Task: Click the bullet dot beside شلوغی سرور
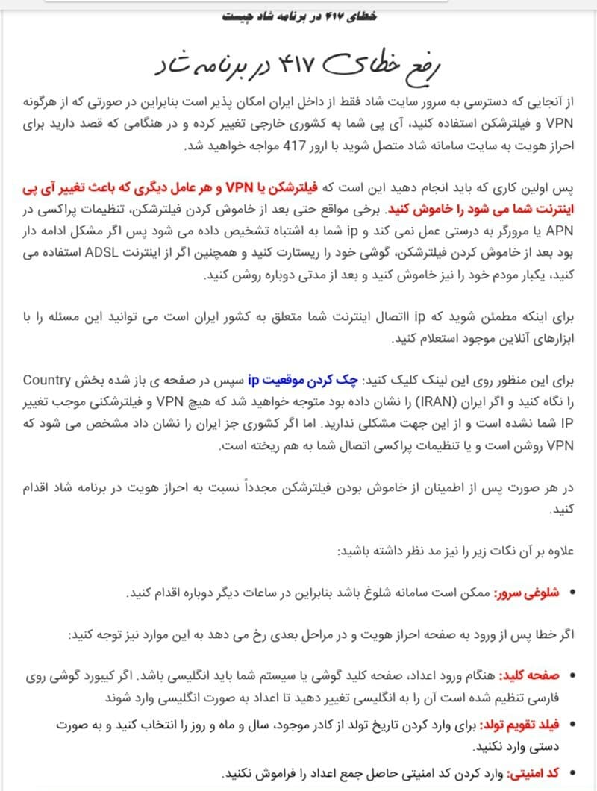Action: pos(573,593)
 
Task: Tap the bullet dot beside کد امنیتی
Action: pos(573,774)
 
